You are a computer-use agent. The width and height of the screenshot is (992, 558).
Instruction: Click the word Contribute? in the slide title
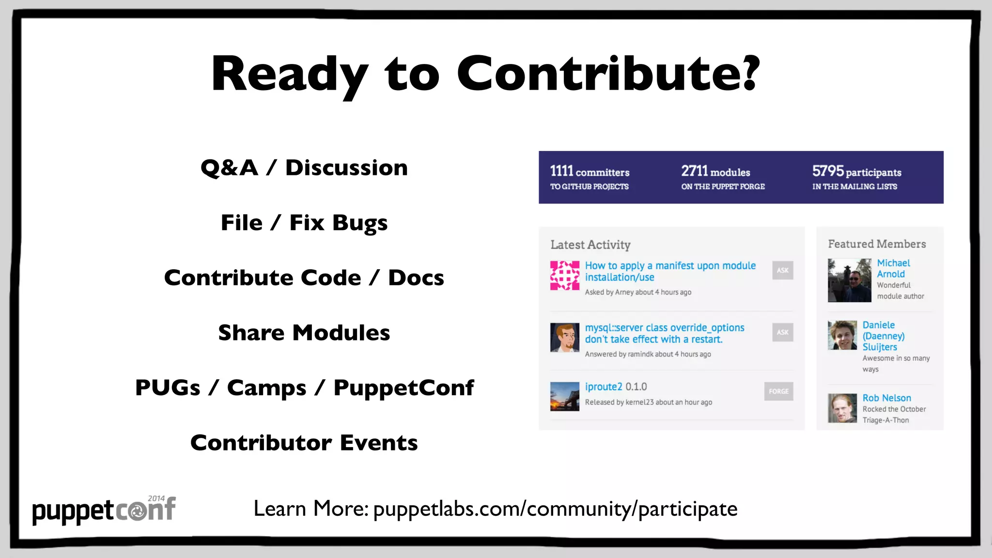coord(608,74)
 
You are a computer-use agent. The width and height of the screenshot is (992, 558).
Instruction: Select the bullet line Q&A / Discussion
coord(304,168)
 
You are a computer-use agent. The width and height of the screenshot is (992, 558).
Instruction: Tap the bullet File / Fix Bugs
coord(304,223)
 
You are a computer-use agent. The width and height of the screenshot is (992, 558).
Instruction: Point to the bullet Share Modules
coord(304,333)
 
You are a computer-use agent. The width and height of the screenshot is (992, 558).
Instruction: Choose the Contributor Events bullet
coord(304,443)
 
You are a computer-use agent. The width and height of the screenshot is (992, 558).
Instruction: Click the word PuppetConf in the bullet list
coord(403,388)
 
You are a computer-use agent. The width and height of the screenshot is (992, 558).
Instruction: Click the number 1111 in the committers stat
coord(561,171)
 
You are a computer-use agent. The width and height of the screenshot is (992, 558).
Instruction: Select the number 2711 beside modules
coord(694,171)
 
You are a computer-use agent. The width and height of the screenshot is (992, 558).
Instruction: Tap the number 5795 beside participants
coord(828,171)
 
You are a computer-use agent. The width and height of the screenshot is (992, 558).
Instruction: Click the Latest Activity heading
coord(590,245)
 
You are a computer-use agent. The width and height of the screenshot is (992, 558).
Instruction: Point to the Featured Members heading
coord(877,244)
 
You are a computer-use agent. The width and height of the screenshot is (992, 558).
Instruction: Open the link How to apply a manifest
coord(670,271)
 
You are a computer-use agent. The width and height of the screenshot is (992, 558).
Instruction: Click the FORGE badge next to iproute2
coord(778,391)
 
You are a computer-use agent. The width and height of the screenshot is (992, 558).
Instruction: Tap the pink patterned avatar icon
coord(565,276)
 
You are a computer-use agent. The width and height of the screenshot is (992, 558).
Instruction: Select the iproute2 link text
coord(604,387)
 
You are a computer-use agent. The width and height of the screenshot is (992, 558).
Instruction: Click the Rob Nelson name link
coord(886,398)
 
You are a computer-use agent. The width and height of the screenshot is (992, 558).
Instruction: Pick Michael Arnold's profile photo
coord(849,280)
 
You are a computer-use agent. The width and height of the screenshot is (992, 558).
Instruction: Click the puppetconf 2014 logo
coord(104,510)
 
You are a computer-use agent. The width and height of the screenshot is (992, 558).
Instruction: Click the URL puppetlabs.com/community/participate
coord(555,509)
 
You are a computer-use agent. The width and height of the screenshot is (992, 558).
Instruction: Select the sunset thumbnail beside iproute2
coord(565,396)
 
